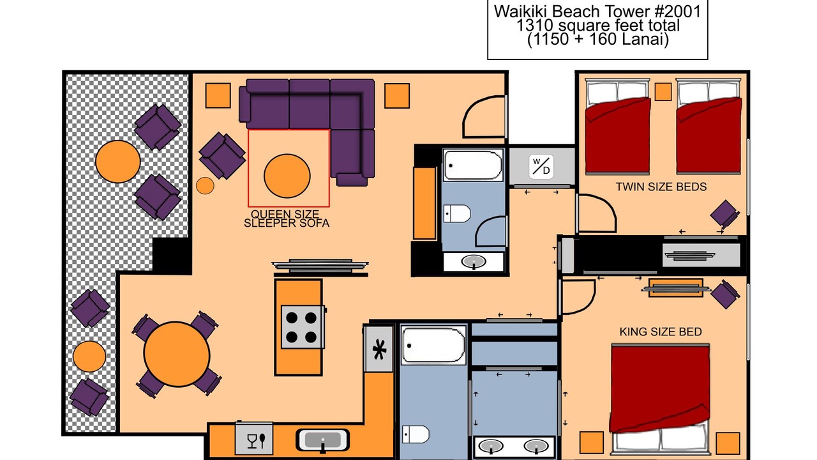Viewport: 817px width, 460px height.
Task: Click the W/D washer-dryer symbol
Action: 541,167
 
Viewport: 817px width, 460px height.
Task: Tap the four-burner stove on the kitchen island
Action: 302,326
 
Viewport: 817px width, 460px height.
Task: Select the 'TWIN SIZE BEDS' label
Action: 661,187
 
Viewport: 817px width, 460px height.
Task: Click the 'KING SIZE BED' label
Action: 661,332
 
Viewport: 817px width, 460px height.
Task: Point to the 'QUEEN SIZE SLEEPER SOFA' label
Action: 287,218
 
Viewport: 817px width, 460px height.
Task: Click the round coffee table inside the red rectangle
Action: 287,176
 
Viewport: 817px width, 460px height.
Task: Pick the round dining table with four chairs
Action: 177,354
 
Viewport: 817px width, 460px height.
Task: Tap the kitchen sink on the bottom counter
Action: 322,440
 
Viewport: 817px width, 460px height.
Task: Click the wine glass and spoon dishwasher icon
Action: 254,439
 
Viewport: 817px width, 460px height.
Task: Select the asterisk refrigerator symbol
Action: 379,349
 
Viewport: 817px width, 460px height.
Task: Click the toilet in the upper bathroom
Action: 456,213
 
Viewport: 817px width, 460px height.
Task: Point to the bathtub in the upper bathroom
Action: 473,165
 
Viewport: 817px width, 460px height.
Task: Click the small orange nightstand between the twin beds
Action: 663,91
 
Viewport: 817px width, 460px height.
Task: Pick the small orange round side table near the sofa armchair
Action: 205,185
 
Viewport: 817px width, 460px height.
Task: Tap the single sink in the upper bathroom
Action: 474,261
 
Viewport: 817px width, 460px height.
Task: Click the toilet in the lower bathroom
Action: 416,434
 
